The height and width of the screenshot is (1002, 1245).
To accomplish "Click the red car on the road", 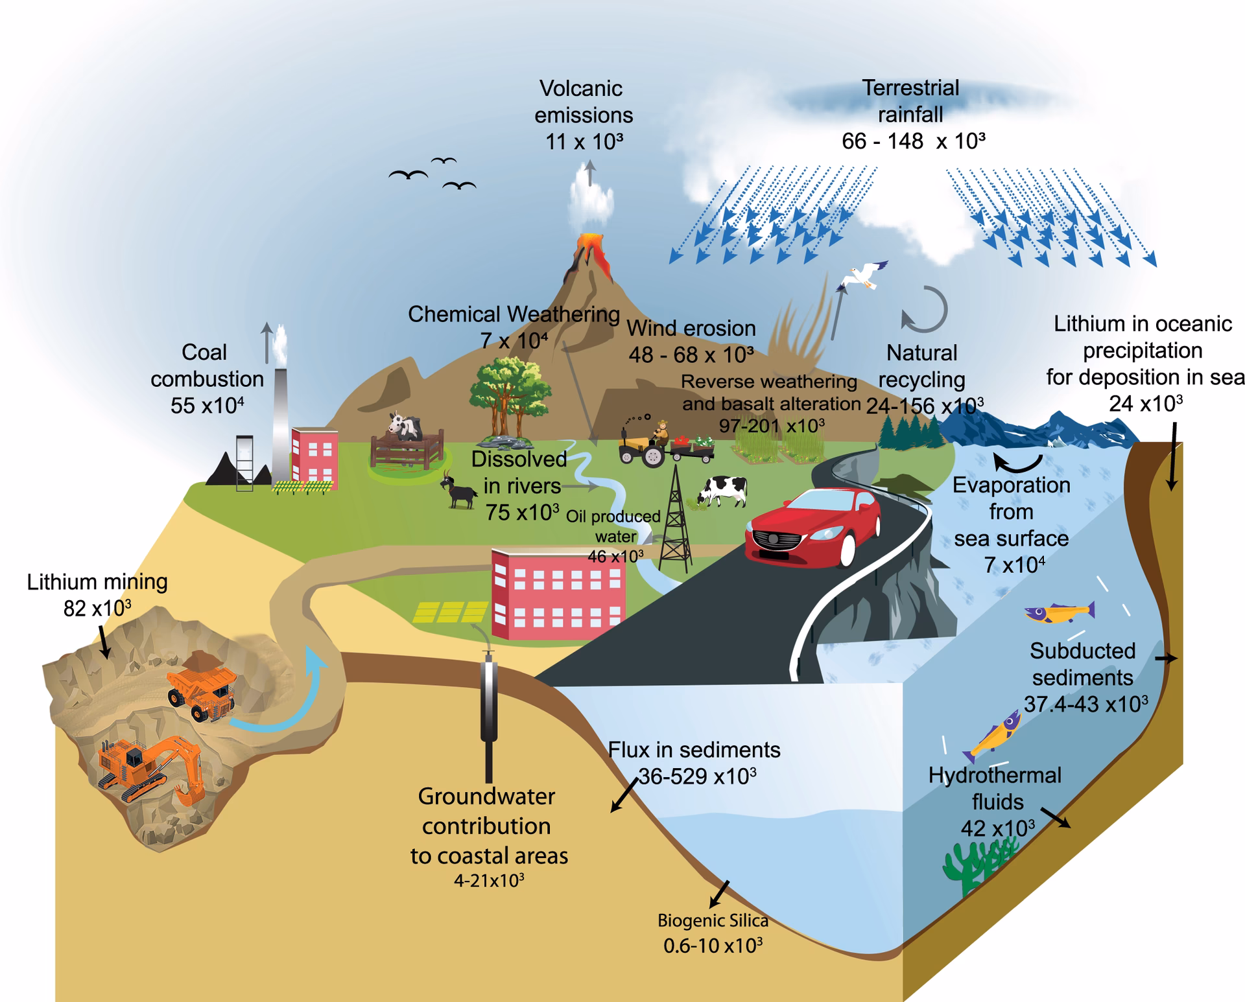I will point(814,528).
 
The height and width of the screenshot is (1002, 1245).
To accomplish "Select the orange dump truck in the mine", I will point(202,687).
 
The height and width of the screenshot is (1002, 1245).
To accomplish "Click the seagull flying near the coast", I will point(862,275).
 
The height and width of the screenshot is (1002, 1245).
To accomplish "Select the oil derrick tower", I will point(676,518).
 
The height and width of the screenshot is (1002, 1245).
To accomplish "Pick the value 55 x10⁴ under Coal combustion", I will point(207,406).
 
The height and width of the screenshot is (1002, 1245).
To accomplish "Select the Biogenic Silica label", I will point(713,920).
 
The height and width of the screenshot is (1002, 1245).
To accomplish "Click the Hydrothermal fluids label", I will point(996,788).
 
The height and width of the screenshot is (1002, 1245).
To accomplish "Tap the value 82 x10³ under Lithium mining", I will point(97,609).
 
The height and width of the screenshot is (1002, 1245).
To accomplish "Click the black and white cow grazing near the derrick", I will point(724,491).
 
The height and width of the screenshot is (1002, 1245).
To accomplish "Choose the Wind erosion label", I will point(691,328).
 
